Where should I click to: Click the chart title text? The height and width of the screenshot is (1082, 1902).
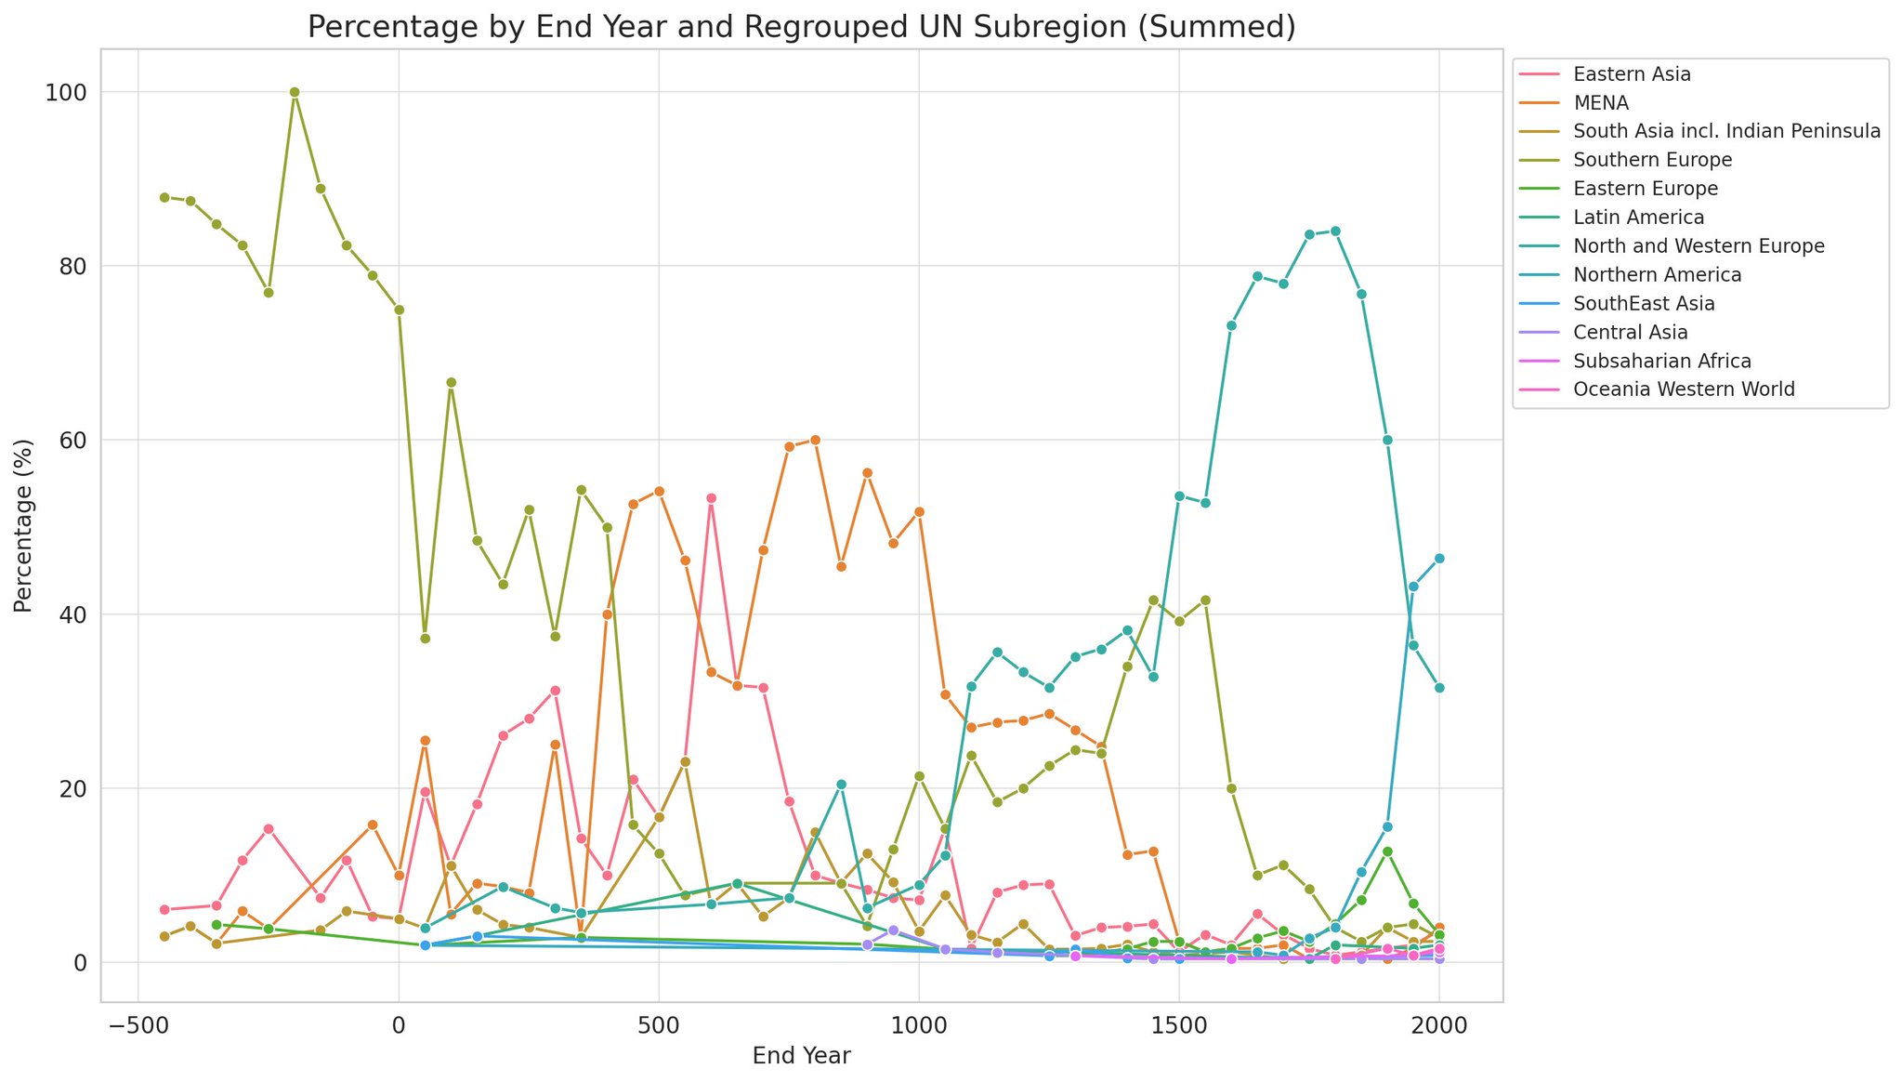coord(801,28)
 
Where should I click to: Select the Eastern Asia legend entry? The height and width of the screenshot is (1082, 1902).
coord(1632,74)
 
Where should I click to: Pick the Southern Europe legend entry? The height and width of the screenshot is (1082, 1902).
coord(1652,160)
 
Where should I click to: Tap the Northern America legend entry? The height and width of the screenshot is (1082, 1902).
coord(1657,275)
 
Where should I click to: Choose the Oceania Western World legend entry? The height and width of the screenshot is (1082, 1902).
coord(1684,389)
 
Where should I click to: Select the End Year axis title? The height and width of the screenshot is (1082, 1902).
coord(801,1056)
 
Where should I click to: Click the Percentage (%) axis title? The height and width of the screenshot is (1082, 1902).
coord(24,526)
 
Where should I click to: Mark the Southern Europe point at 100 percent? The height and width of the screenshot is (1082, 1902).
coord(295,92)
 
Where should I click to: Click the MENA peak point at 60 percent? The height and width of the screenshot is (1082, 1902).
coord(815,440)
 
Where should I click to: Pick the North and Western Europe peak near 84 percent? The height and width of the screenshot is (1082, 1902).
coord(1335,231)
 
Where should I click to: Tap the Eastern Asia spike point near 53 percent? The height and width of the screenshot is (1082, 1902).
coord(711,498)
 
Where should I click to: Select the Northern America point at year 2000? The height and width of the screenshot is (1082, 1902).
coord(1439,559)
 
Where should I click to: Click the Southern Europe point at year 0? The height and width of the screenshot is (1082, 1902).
coord(399,310)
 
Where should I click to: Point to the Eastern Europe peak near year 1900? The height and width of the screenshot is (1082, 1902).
coord(1387,851)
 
